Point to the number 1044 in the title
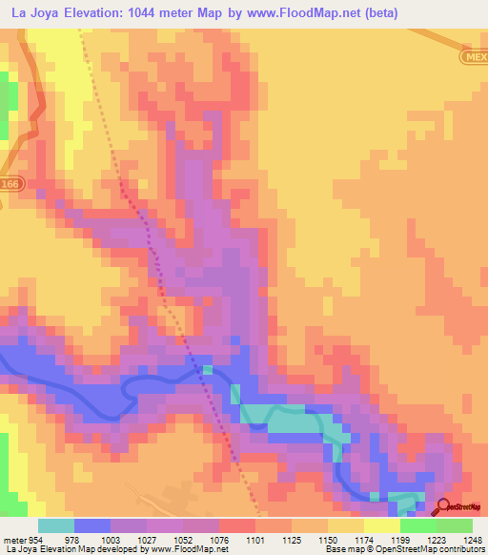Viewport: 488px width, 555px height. tap(156, 13)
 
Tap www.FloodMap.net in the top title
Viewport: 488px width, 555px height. tap(301, 13)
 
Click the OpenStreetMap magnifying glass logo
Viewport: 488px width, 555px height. tap(444, 507)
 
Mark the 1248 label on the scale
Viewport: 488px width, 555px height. tap(460, 540)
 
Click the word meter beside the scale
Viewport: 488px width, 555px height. tap(15, 540)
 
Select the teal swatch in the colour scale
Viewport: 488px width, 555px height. tap(56, 525)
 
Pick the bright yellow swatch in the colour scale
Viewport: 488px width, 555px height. tap(381, 525)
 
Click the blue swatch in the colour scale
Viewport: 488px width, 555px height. tap(92, 525)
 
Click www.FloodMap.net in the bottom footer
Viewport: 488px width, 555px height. tap(187, 549)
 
